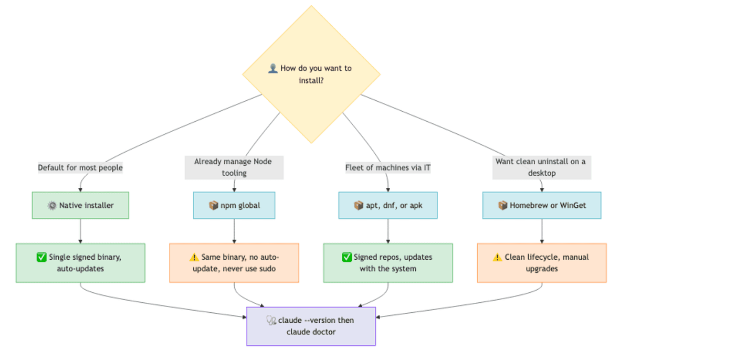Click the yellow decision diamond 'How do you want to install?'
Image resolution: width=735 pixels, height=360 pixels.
[311, 75]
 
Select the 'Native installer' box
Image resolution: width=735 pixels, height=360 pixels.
[80, 205]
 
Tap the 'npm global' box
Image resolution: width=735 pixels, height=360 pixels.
[234, 205]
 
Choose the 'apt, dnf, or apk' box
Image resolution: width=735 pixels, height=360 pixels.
[388, 205]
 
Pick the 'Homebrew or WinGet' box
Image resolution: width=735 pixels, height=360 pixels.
[542, 205]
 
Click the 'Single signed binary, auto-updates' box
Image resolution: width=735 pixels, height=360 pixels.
[80, 263]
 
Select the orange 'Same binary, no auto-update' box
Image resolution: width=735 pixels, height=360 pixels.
[234, 263]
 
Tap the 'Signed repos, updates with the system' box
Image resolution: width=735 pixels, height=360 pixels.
[388, 263]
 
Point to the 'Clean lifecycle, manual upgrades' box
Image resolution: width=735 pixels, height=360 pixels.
[542, 263]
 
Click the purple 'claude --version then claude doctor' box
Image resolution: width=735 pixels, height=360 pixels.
[311, 326]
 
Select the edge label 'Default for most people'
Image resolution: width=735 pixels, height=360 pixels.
[80, 167]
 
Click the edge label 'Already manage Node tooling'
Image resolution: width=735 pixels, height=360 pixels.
[234, 167]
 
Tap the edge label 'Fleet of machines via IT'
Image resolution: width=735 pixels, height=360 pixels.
[388, 167]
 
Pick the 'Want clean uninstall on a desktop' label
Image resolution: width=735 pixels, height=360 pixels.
[542, 167]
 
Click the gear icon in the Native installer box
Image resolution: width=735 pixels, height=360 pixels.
[52, 206]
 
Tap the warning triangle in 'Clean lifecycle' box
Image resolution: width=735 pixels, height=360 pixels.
[497, 257]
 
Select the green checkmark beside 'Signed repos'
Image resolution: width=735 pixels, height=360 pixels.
[347, 257]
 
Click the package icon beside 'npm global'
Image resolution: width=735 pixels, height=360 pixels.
[214, 206]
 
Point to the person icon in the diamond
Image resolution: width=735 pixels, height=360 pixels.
[272, 68]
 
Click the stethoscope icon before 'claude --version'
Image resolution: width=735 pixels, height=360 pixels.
[271, 320]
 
